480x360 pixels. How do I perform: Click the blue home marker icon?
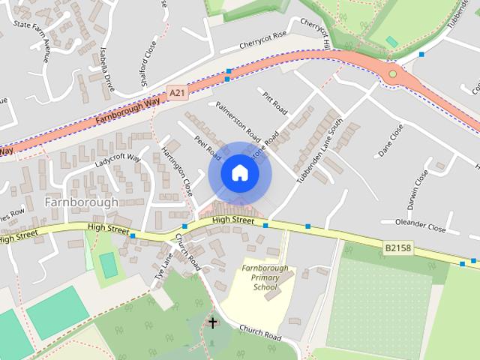coord(239,173)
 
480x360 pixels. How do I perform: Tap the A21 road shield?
coord(177,92)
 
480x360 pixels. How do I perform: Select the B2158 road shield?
coord(398,247)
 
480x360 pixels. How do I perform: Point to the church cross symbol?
coord(212,323)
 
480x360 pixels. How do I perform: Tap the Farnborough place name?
coord(81,202)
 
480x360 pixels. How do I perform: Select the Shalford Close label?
coord(148,63)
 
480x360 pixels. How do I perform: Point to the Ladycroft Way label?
coord(118,160)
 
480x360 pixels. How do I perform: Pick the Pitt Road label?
coord(275,103)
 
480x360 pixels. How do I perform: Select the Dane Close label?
coord(391,140)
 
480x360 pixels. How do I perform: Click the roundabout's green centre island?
coord(392,73)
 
